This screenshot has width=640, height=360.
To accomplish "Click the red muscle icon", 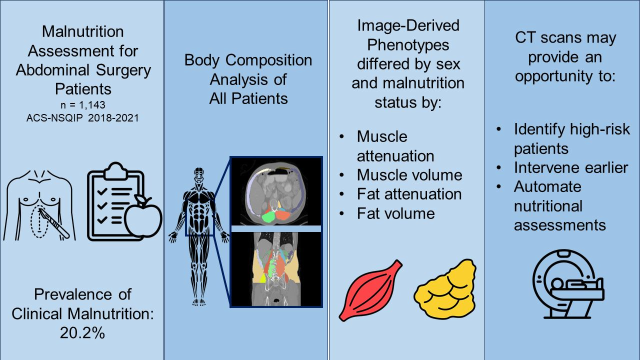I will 370,290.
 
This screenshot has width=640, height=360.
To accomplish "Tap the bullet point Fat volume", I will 395,213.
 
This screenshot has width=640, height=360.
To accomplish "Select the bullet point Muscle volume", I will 409,175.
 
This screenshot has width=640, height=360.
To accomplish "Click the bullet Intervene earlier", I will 570,167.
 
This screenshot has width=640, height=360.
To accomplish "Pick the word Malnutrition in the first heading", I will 83,31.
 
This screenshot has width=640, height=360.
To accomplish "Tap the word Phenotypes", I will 408,45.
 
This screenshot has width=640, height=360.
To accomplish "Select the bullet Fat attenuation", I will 409,194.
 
